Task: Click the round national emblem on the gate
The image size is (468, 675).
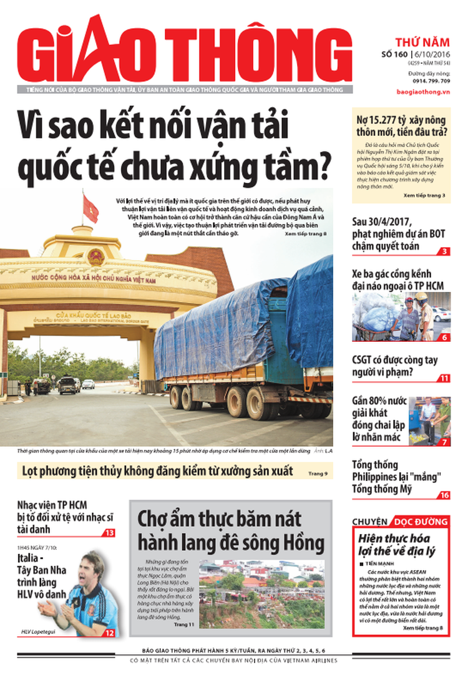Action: [96, 256]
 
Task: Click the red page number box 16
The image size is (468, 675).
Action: [443, 495]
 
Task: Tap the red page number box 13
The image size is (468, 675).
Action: [109, 533]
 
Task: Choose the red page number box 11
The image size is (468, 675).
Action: [443, 378]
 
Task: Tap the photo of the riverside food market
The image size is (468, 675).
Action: [261, 593]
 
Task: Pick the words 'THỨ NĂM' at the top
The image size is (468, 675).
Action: [422, 42]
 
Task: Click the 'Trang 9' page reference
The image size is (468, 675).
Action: [317, 474]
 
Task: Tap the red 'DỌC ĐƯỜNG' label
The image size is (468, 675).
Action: [419, 521]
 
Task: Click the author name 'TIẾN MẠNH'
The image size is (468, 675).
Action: [376, 563]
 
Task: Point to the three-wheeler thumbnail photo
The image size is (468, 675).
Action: [401, 316]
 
